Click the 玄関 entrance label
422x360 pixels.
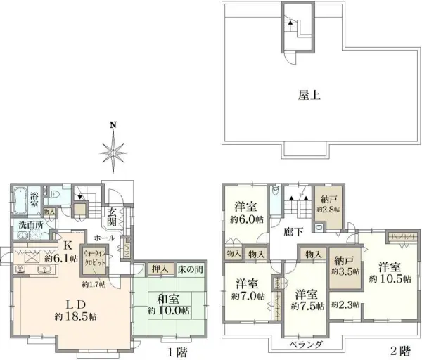pos(113,217)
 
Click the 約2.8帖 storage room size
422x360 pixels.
pos(328,209)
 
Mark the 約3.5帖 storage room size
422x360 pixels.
pos(345,271)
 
